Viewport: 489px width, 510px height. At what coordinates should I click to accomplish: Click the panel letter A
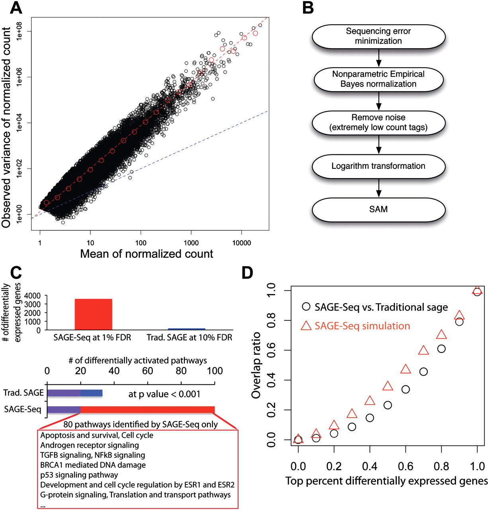[16, 7]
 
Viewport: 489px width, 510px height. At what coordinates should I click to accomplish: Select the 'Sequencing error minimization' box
[378, 36]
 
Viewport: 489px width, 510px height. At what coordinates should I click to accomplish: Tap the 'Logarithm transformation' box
[378, 166]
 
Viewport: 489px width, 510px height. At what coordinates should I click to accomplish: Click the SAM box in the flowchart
[378, 209]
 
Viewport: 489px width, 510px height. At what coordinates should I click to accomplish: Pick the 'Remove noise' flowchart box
[378, 123]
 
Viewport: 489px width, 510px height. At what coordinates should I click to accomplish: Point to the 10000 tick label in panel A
[242, 243]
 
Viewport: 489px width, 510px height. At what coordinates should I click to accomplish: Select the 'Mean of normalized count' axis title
[147, 254]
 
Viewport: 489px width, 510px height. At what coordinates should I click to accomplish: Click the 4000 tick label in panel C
[32, 296]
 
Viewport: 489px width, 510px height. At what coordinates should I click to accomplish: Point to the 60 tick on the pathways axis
[148, 371]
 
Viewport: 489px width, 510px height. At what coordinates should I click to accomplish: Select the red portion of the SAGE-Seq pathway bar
[147, 410]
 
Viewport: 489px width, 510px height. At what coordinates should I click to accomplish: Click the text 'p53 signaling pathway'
[79, 475]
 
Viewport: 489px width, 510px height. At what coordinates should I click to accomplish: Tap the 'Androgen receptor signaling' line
[90, 445]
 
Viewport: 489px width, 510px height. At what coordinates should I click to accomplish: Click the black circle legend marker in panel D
[306, 307]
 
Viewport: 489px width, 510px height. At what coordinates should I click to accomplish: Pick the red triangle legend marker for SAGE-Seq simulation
[306, 326]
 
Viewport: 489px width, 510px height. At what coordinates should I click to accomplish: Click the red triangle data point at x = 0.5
[387, 386]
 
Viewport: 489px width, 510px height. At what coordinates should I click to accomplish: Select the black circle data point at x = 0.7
[423, 372]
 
